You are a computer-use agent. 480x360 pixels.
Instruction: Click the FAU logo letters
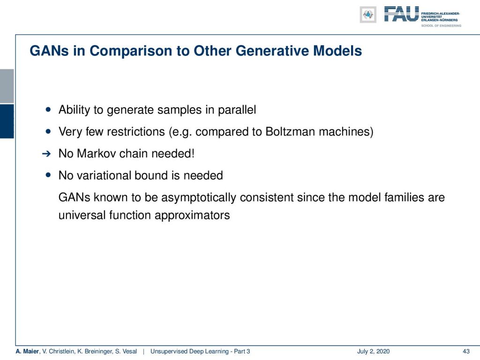401,14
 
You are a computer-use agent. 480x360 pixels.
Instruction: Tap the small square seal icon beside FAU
368,15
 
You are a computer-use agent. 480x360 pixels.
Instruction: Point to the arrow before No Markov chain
46,154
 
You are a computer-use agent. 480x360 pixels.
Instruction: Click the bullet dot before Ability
48,109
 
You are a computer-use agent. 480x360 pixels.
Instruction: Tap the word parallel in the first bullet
237,110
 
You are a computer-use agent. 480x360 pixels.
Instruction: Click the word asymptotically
199,197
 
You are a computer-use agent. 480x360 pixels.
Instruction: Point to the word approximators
192,216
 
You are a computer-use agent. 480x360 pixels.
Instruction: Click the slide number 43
466,351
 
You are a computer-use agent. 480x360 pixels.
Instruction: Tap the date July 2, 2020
373,351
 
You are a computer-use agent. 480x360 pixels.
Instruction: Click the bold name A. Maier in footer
27,351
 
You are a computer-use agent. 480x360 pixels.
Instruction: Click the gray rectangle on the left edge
7,86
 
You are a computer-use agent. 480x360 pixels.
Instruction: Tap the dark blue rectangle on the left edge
7,121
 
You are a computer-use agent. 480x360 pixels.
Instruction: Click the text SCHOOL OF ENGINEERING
441,26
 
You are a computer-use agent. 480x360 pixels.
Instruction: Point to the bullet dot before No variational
48,175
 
